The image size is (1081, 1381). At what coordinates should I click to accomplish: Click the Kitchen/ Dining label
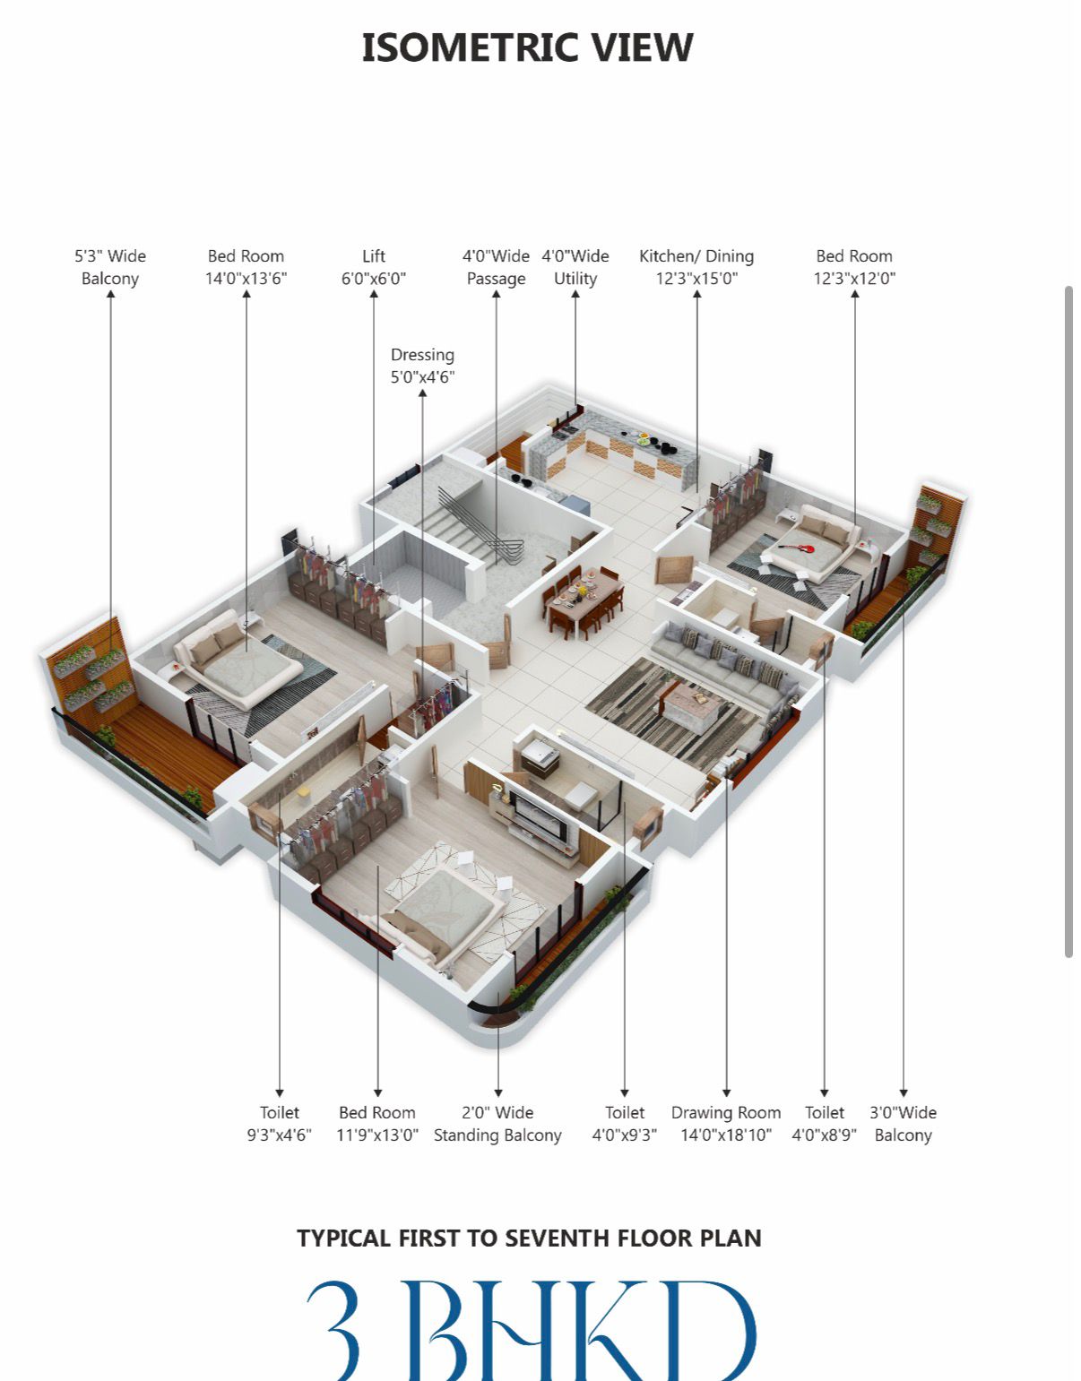[696, 256]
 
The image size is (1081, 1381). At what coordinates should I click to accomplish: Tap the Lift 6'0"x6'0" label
[374, 267]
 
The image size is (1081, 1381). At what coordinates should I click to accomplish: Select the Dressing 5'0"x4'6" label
[422, 366]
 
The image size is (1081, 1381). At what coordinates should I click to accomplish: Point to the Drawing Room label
[726, 1113]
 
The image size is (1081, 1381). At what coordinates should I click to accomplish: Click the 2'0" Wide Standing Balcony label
[497, 1124]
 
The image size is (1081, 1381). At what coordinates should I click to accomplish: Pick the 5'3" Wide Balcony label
[110, 267]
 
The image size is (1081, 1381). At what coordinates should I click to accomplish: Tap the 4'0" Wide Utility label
[575, 267]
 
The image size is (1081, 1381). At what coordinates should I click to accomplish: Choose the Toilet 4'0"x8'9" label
[825, 1124]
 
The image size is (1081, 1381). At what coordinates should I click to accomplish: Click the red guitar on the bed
[797, 548]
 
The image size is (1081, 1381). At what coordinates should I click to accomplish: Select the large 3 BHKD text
[532, 1330]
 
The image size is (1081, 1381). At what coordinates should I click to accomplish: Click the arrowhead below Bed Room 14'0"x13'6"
[246, 294]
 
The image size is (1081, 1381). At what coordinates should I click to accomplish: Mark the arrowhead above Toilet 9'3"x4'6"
[280, 1093]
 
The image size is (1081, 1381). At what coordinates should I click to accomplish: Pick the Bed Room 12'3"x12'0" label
[855, 267]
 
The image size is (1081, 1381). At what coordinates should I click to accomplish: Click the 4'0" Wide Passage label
[497, 267]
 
